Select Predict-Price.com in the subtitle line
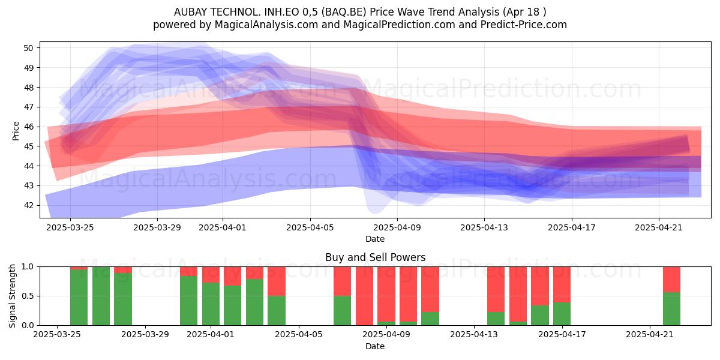click(x=524, y=25)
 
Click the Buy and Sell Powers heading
click(x=375, y=257)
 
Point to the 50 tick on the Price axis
click(x=28, y=48)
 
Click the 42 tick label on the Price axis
click(x=28, y=205)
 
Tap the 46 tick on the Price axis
click(x=28, y=127)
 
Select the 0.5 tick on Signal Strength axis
click(x=28, y=296)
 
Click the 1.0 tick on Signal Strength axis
click(x=28, y=266)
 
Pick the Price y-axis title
click(x=16, y=131)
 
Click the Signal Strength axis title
click(x=12, y=296)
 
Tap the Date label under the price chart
click(x=375, y=239)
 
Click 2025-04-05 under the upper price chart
click(x=310, y=227)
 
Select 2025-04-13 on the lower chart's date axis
click(x=474, y=334)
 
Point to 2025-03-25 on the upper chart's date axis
click(x=70, y=227)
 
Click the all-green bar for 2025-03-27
click(x=101, y=296)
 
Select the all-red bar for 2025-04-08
click(x=365, y=296)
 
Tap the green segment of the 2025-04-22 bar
click(x=671, y=308)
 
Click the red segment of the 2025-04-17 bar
click(x=562, y=284)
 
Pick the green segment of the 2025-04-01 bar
click(x=211, y=304)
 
